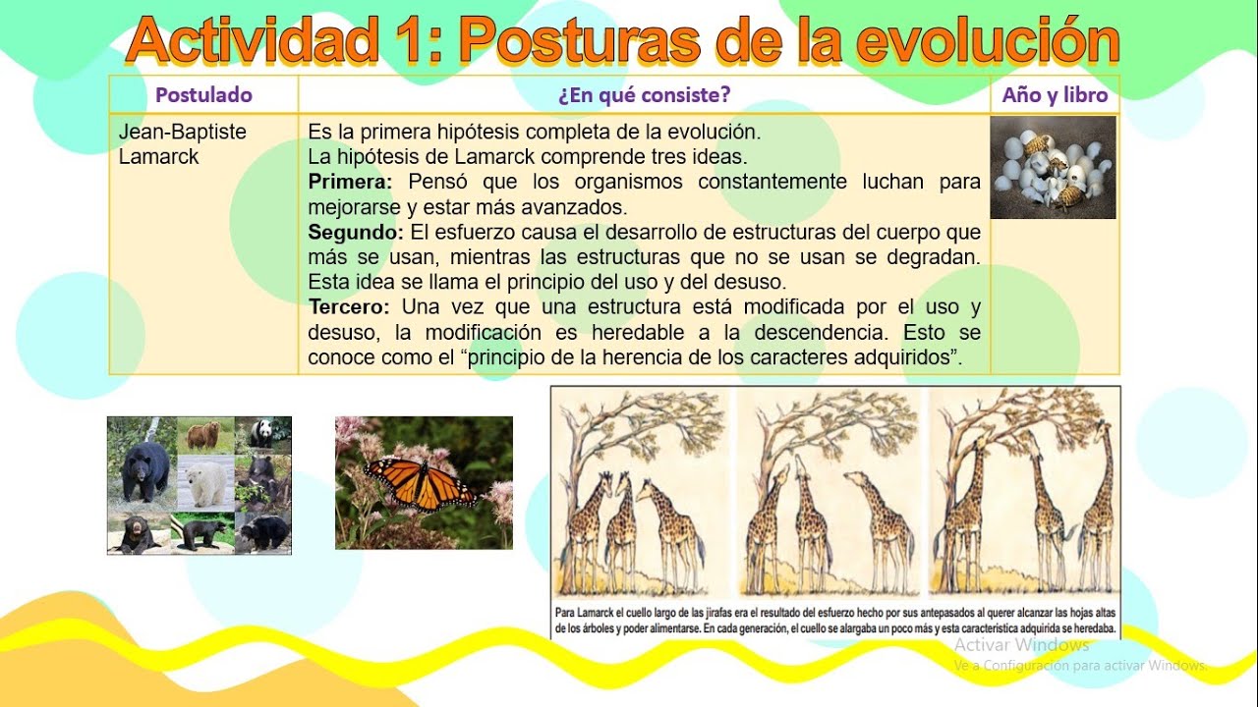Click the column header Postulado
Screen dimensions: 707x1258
coord(203,95)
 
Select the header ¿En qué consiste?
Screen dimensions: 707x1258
coord(644,95)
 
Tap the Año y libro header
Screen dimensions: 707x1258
coord(1055,95)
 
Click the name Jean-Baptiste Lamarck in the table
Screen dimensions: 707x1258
coord(182,144)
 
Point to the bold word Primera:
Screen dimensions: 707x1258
coord(350,182)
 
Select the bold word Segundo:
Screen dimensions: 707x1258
coord(355,233)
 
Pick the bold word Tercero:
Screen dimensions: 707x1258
coord(349,306)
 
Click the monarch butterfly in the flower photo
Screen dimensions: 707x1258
coord(421,482)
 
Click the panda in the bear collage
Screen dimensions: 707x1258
coord(262,432)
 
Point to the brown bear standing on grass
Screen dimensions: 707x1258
coord(203,434)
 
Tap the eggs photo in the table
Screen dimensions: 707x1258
coord(1053,167)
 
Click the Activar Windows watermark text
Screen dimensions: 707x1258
coord(1021,645)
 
